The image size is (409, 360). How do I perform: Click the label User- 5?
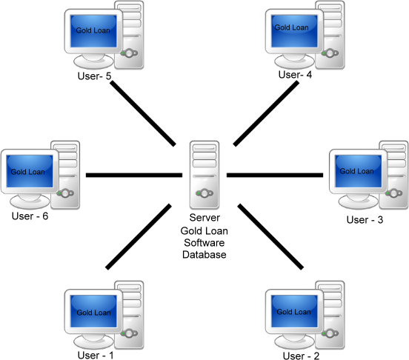coord(94,76)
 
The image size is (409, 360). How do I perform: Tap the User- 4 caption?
coord(295,75)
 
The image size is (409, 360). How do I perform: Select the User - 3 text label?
coord(365,220)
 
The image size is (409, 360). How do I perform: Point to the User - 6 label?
coord(30,216)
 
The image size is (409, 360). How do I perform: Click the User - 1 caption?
coord(96,356)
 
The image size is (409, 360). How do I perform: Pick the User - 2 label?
coord(301,356)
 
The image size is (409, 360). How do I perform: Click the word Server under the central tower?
coord(204,218)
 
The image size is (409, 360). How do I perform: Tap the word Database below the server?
coord(204,255)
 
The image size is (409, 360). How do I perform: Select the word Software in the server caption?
coord(204,243)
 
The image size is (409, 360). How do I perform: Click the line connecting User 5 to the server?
coord(143,113)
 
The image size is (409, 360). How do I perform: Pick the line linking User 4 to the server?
coord(266,113)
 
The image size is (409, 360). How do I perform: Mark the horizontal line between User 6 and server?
coord(134,175)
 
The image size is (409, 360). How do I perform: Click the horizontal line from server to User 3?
coord(275,175)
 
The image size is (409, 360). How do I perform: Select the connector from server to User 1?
coord(139,237)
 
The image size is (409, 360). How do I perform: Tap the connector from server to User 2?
coord(270,237)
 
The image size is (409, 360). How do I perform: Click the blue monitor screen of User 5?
coord(93,31)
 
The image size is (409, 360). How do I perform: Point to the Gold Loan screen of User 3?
coord(358,171)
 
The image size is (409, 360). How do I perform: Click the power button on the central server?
coord(204,193)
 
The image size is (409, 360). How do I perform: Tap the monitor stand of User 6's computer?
coord(30,201)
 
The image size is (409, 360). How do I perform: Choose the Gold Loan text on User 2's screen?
coord(293,312)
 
